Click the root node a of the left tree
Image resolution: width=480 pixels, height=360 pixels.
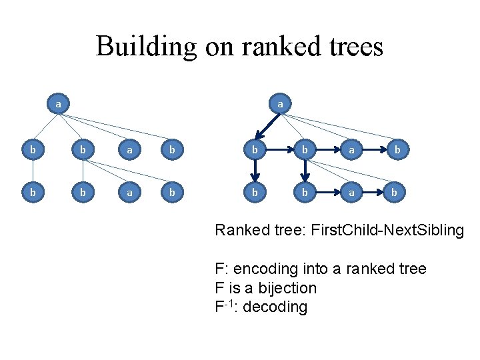coord(59,104)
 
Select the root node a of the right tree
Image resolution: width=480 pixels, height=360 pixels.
coord(280,104)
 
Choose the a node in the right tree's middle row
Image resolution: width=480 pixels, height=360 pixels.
coord(351,151)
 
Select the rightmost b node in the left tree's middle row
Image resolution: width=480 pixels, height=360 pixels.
coord(171,151)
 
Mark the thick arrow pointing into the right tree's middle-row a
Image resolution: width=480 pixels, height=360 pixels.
coord(327,151)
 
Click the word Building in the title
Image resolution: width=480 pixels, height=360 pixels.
coord(146,47)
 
